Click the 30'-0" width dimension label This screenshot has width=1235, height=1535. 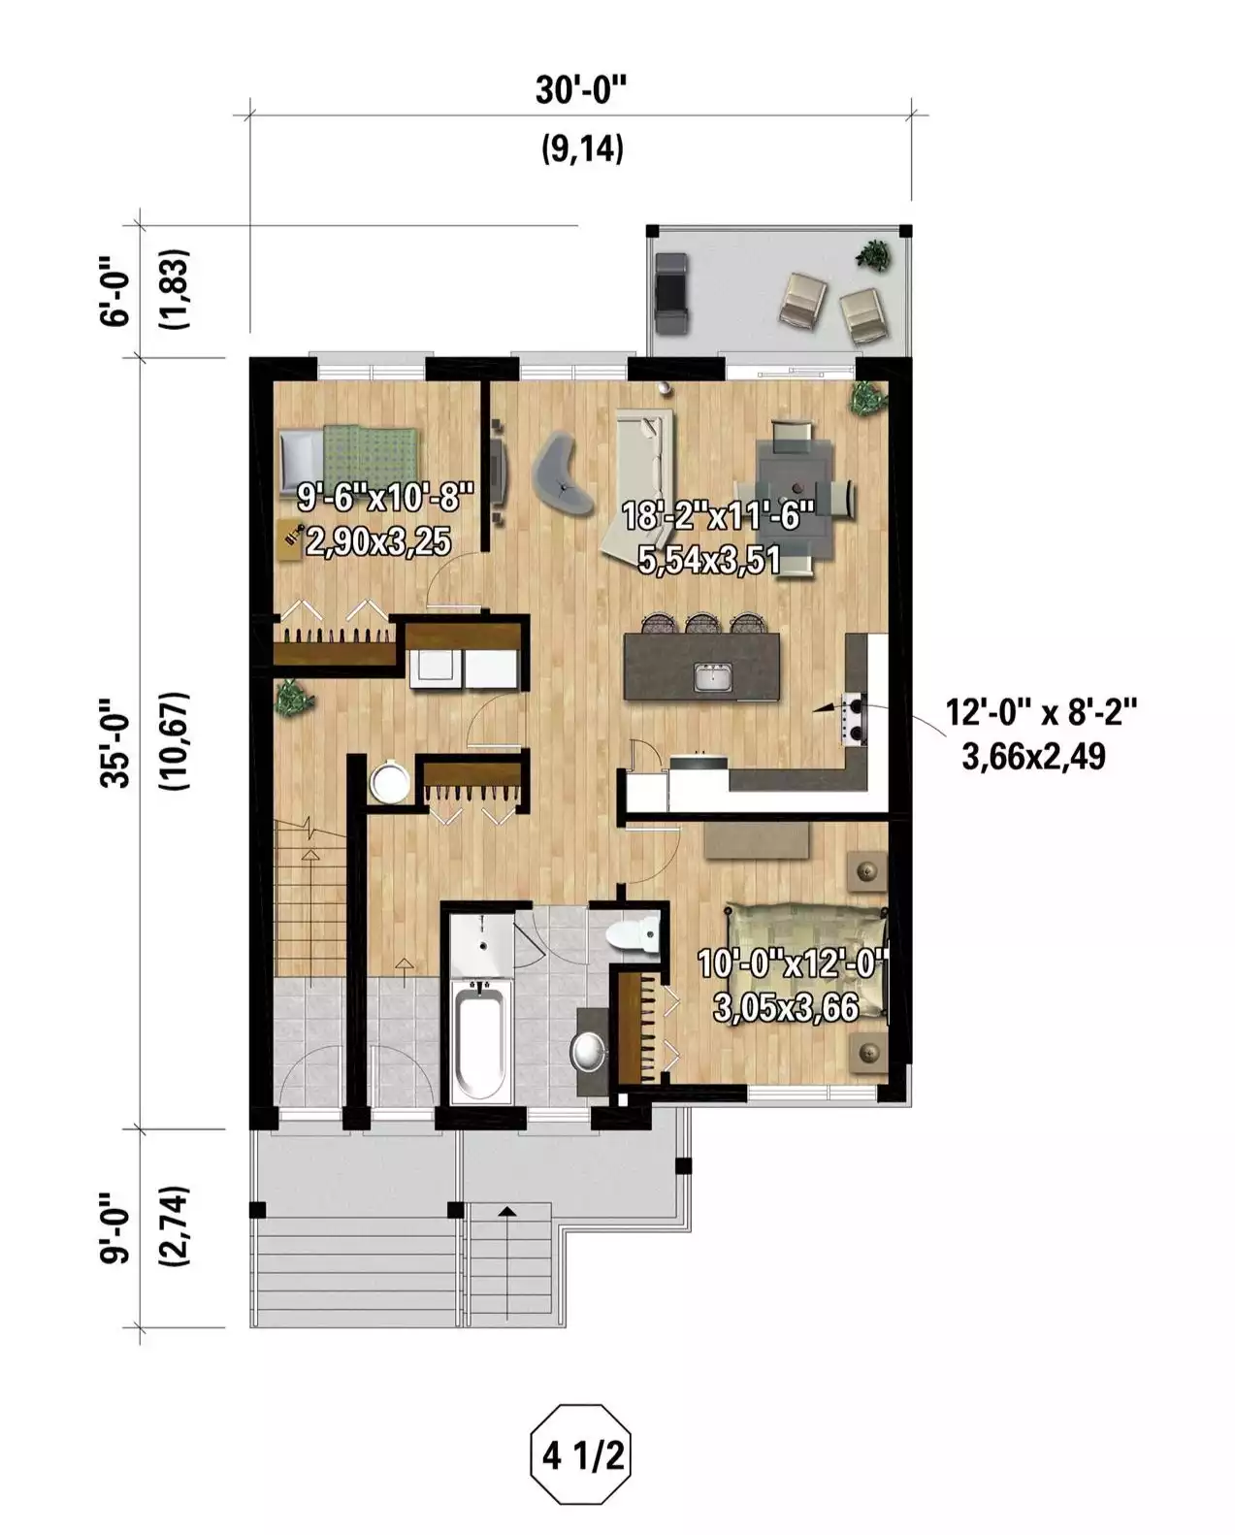[581, 90]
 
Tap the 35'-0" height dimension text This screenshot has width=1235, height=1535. [115, 742]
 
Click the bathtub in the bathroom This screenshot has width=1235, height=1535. [479, 1041]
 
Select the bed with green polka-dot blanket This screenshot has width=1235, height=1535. [348, 456]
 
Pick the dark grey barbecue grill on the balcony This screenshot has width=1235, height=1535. [672, 292]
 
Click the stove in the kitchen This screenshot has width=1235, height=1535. [854, 719]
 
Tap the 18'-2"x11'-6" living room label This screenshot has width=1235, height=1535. [718, 514]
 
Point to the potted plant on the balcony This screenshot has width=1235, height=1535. [873, 254]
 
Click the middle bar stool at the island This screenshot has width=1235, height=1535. [702, 623]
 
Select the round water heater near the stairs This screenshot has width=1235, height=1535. [390, 782]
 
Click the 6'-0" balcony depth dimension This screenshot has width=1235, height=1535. [115, 292]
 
